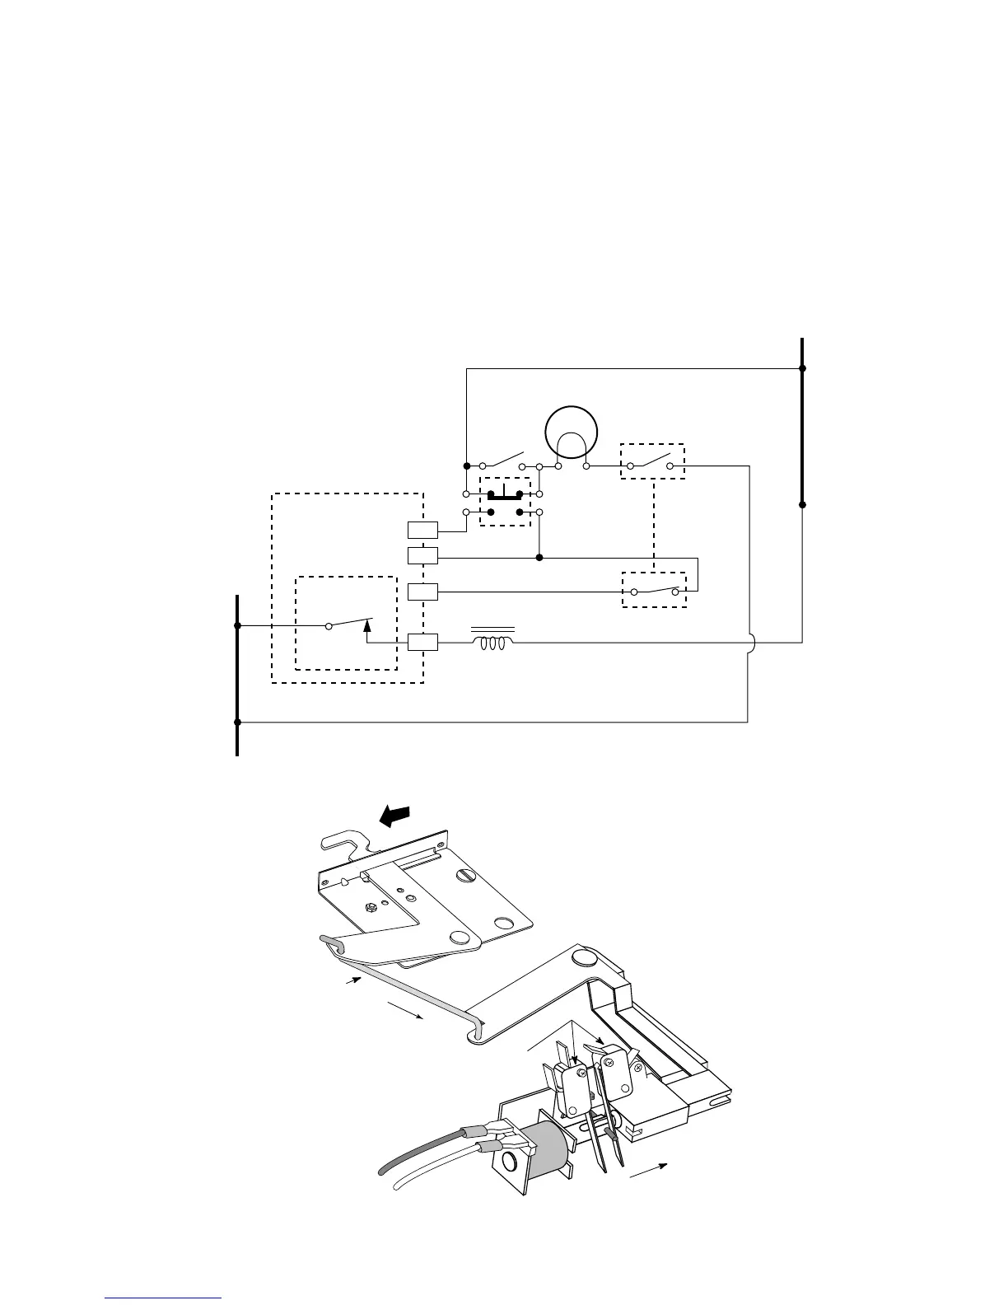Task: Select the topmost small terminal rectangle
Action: [x=422, y=530]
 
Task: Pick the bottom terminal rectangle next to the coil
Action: [x=422, y=643]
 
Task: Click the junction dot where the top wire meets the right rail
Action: [x=803, y=368]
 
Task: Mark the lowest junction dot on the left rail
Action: [x=237, y=723]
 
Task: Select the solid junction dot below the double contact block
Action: [x=539, y=558]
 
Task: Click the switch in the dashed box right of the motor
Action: [x=652, y=463]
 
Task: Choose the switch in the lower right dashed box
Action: [x=655, y=590]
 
